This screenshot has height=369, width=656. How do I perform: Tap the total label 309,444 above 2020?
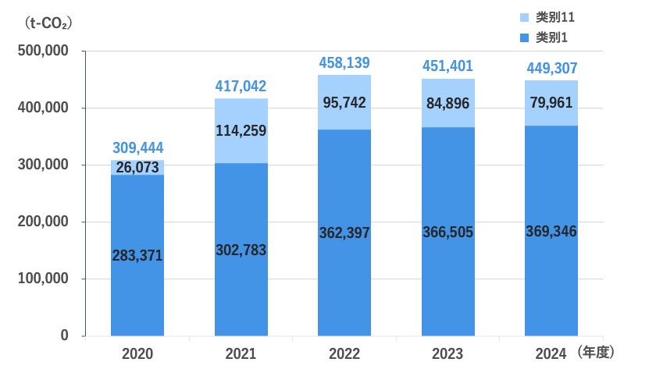137,147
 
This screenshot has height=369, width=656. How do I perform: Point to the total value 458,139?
344,62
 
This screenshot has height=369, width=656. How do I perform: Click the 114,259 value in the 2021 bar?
241,131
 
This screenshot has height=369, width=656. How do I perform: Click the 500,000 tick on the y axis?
43,51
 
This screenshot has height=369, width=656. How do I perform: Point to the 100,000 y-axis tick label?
43,279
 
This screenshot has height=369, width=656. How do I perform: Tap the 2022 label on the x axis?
344,354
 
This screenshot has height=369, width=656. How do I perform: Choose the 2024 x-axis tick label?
551,354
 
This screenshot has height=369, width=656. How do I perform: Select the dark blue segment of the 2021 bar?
241,289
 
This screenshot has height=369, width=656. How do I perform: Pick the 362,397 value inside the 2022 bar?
344,232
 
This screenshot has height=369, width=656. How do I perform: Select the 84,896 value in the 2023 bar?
447,102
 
